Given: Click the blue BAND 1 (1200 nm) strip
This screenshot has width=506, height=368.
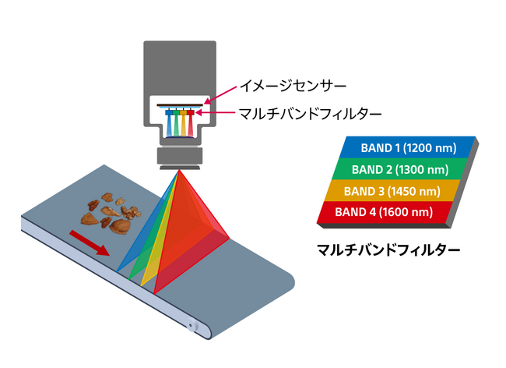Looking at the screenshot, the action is point(407,147).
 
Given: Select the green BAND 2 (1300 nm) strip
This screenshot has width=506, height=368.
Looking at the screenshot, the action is point(400,169).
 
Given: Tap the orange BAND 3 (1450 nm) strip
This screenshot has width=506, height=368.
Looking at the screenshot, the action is point(392,190).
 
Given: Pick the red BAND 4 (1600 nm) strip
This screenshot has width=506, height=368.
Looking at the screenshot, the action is point(384,212).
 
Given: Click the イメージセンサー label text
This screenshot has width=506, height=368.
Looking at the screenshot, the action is point(293,86).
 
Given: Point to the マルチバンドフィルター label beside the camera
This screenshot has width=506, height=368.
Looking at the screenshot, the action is point(310,114).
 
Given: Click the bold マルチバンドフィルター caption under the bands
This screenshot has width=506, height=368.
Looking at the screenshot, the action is point(388,249).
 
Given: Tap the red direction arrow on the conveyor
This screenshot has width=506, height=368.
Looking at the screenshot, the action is point(90,242).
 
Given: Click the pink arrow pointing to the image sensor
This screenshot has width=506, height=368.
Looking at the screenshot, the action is point(221,94).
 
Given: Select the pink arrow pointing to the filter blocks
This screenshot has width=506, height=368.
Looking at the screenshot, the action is point(215,113).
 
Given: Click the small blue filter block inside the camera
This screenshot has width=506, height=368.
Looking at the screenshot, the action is point(169,112).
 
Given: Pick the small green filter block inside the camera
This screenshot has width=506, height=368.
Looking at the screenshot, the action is point(176,112).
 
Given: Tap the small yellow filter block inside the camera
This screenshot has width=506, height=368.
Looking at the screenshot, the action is point(183,112).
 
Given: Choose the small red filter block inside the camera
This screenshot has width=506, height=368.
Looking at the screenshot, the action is point(191,112).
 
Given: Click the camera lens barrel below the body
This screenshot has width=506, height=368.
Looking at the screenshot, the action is point(180,156).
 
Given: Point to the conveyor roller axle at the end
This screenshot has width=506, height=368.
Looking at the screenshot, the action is point(191,325).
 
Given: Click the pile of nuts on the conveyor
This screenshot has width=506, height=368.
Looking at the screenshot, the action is point(111,213).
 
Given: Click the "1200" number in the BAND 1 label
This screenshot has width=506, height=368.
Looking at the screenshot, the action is point(417,148).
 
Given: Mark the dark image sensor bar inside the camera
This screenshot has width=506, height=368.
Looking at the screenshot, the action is point(180,104).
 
